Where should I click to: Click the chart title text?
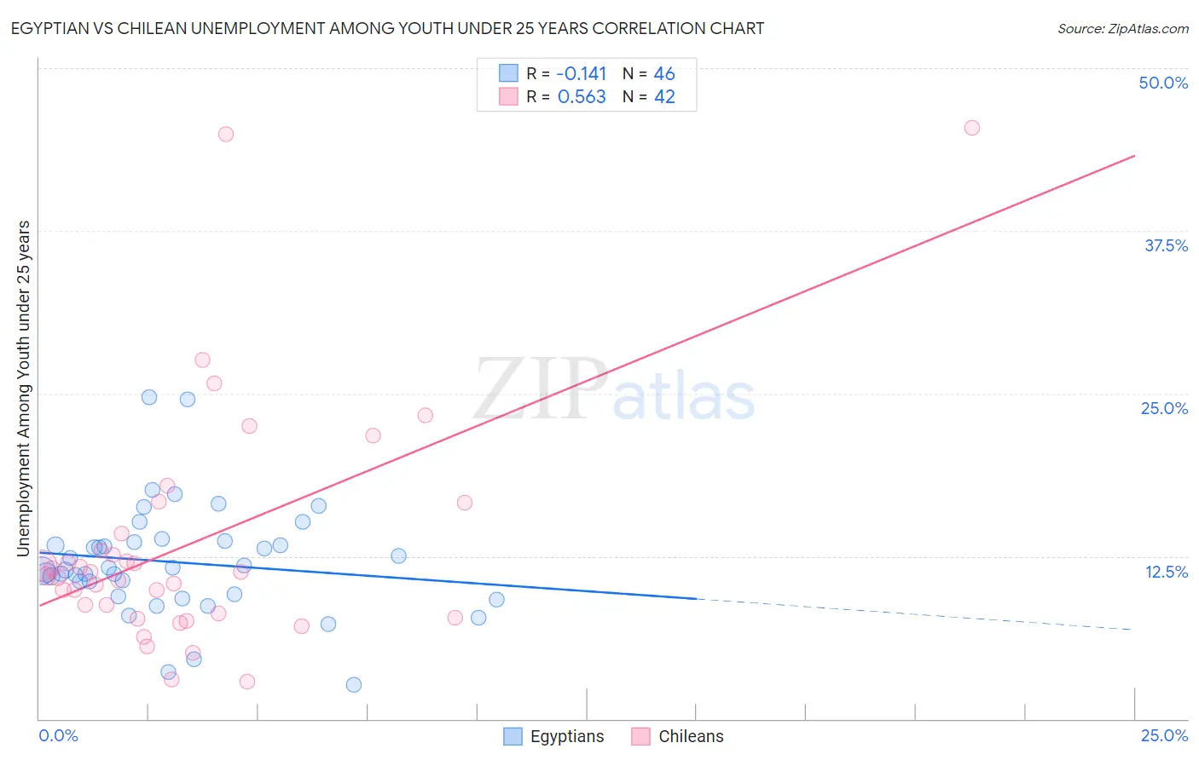tap(387, 28)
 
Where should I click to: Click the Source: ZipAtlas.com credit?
tap(1122, 28)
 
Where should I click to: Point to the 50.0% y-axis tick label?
tap(1163, 83)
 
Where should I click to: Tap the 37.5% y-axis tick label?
tap(1166, 245)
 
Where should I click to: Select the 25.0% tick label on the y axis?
tap(1164, 408)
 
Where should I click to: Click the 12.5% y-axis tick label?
tap(1166, 572)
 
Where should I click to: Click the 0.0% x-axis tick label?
tap(58, 735)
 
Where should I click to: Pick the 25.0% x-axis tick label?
tap(1164, 735)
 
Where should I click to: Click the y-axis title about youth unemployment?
tap(24, 389)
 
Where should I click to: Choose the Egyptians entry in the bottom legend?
tap(566, 736)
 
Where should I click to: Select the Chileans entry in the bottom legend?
tap(691, 736)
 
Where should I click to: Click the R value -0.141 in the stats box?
tap(581, 74)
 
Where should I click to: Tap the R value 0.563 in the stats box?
tap(582, 97)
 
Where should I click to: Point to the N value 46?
tap(664, 74)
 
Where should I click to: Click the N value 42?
tap(664, 97)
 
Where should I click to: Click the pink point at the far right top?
tap(971, 128)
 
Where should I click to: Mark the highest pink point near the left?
tap(225, 134)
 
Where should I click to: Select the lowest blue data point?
tap(353, 685)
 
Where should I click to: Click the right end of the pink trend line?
tap(1134, 156)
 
